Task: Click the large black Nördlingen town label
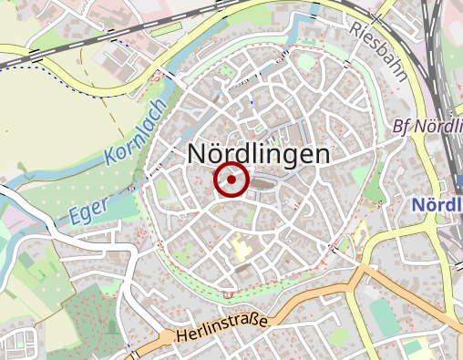[258, 154]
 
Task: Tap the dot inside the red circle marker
[231, 180]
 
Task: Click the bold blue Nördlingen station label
[436, 205]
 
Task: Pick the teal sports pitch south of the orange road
[384, 315]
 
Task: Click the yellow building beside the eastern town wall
[359, 235]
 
